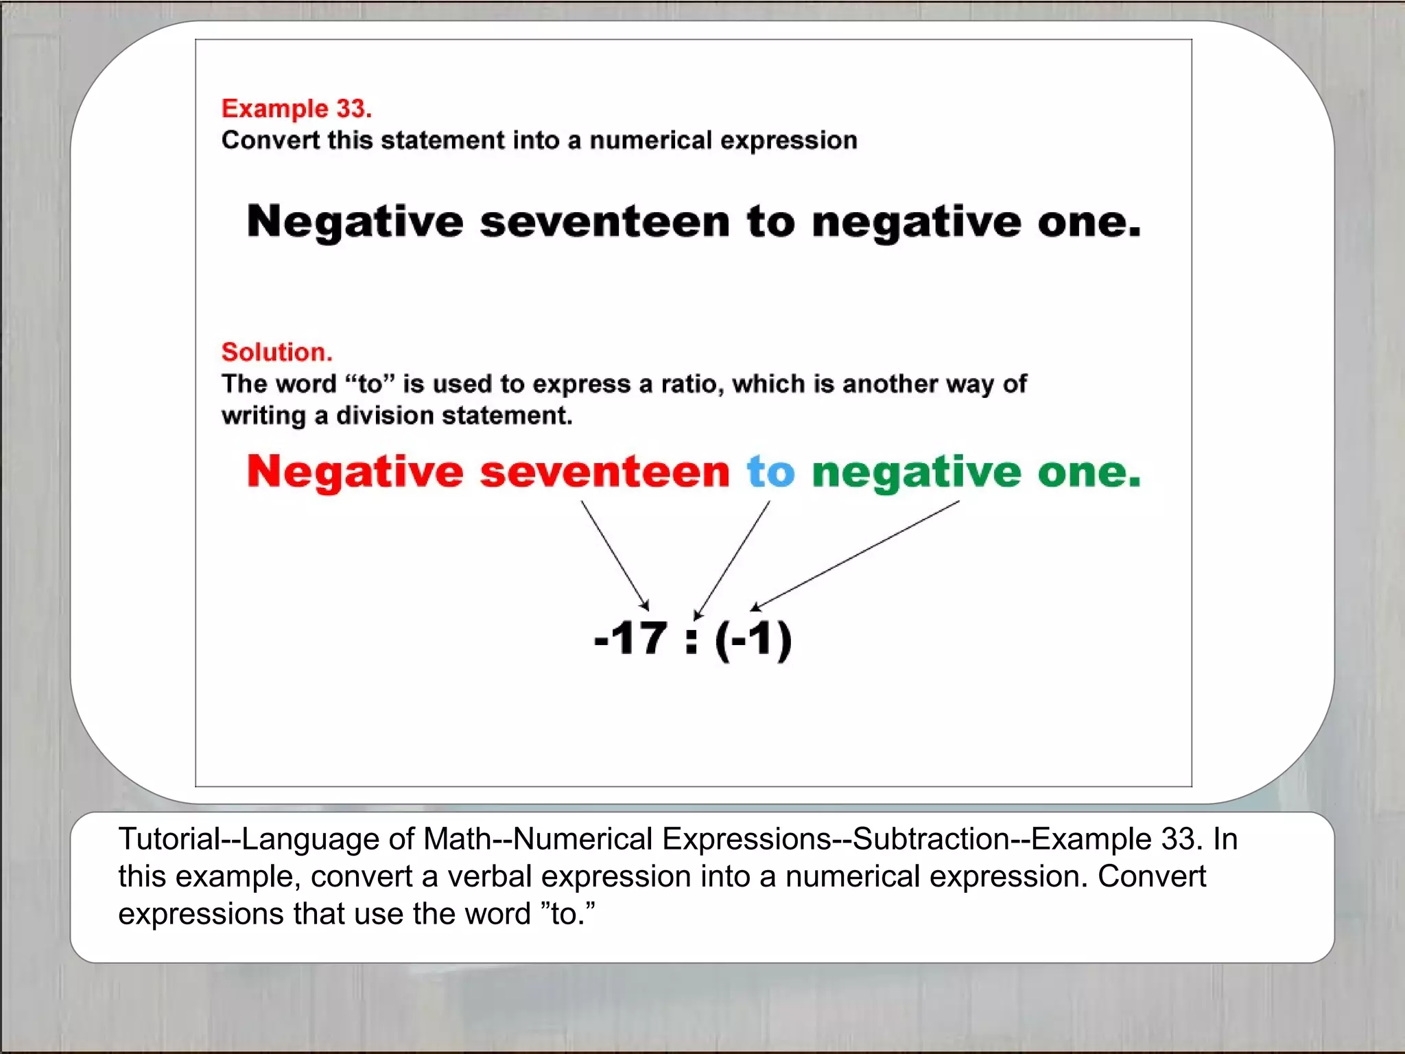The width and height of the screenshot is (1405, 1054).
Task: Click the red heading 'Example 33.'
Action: pyautogui.click(x=296, y=108)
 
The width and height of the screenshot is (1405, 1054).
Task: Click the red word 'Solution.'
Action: pyautogui.click(x=276, y=352)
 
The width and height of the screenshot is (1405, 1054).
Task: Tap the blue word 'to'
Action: pyautogui.click(x=770, y=472)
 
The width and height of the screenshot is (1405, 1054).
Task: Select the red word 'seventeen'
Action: pyautogui.click(x=604, y=472)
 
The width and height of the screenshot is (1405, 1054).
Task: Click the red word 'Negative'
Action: pyautogui.click(x=355, y=472)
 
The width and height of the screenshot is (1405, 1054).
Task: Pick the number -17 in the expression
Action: pyautogui.click(x=630, y=638)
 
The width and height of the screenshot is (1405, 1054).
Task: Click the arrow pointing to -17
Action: pyautogui.click(x=615, y=555)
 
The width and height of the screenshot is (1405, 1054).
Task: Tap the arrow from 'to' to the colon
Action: pyautogui.click(x=732, y=559)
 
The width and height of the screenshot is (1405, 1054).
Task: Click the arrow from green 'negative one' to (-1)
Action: pyautogui.click(x=855, y=555)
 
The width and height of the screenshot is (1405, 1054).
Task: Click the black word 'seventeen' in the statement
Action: pyautogui.click(x=604, y=222)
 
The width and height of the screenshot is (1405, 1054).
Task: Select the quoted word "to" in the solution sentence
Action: pyautogui.click(x=370, y=384)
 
